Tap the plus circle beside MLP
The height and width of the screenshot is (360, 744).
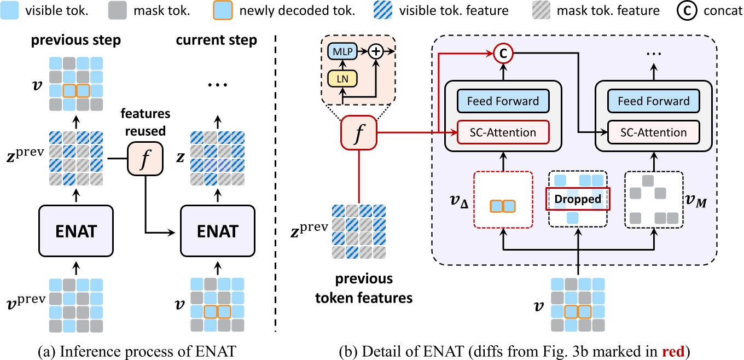(376, 52)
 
